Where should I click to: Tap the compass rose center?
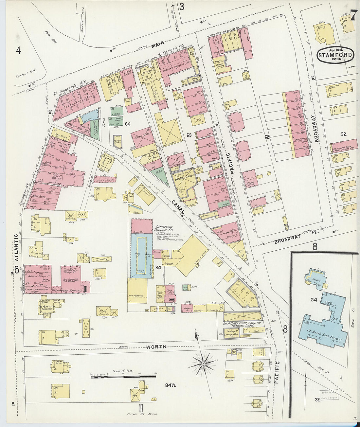coord(203,364)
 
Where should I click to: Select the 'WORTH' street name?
coord(156,347)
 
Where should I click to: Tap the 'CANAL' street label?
coord(178,207)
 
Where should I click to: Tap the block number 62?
coord(267,137)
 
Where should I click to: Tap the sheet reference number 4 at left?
coord(18,50)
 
